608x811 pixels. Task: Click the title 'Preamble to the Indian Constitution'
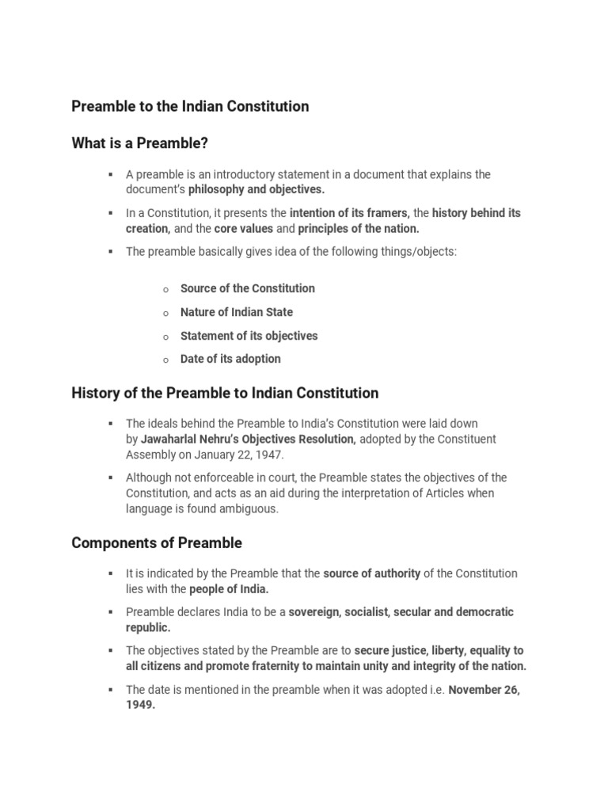pos(190,106)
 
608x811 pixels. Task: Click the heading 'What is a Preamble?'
pos(144,143)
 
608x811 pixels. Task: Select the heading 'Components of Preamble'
pos(157,543)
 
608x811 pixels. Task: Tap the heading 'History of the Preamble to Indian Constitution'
pos(225,393)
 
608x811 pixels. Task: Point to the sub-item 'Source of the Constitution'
pos(247,288)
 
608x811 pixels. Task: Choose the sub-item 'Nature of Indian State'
pos(236,312)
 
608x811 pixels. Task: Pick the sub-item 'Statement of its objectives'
pos(249,336)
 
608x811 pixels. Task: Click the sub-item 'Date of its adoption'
pos(230,359)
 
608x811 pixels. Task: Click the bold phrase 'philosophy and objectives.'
pos(256,190)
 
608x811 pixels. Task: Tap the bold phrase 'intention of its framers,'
pos(350,213)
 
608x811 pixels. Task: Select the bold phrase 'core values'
pos(244,229)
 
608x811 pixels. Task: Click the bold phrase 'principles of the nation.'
pos(359,229)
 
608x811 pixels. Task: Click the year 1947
pos(269,455)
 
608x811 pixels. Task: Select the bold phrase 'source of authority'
pos(372,573)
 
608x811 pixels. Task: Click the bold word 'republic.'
pos(148,628)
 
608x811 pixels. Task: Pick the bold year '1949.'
pos(140,706)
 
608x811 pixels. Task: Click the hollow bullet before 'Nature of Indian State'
pos(165,314)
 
